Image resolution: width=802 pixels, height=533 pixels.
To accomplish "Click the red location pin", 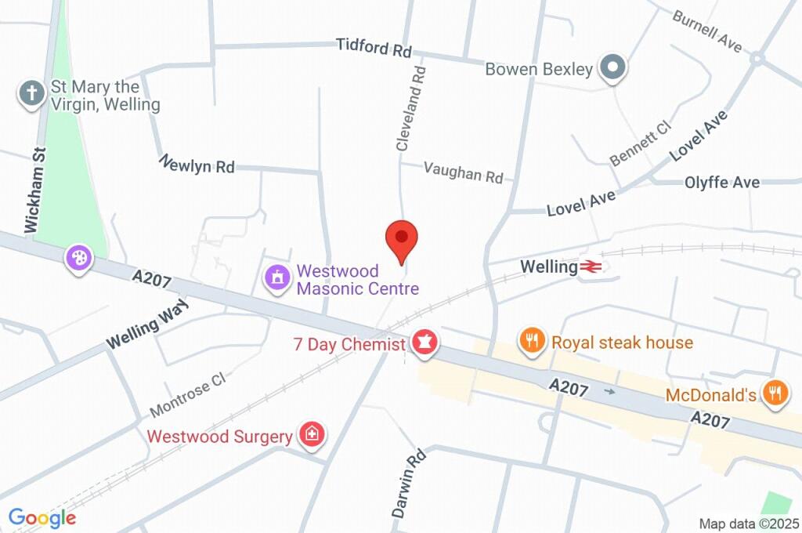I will click(402, 238).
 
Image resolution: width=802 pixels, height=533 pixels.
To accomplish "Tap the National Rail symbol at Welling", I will click(591, 267).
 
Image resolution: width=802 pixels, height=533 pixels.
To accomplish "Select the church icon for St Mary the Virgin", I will click(32, 94).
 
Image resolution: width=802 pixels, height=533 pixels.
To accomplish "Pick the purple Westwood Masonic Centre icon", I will click(276, 278).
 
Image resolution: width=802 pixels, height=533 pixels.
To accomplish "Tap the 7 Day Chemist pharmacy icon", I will click(424, 343).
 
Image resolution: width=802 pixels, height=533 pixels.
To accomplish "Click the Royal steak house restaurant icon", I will click(532, 342).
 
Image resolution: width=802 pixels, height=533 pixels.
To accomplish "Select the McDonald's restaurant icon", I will click(775, 394).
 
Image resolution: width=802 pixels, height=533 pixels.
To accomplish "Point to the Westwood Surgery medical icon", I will click(312, 436).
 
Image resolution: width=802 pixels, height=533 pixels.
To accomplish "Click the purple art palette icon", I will click(80, 258).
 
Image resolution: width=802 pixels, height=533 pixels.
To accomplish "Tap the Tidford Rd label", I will click(374, 48).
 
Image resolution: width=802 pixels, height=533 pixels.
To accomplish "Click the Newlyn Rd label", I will click(197, 165).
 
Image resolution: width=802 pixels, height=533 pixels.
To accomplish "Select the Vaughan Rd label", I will click(463, 172).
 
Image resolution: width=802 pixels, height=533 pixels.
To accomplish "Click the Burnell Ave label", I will click(706, 31).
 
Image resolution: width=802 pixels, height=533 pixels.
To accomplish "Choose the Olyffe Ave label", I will click(721, 182).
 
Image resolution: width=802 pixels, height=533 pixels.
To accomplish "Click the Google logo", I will click(42, 517).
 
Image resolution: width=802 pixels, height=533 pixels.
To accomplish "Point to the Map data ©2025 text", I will click(750, 523).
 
